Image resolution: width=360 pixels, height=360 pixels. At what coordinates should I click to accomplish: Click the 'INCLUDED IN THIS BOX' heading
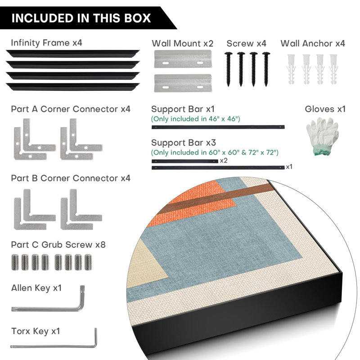click(81, 18)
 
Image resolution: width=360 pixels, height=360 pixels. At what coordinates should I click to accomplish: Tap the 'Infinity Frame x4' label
click(46, 43)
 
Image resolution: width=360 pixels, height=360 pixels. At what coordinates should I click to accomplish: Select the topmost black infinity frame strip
click(72, 54)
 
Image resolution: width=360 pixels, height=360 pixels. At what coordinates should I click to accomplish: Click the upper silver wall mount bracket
click(183, 59)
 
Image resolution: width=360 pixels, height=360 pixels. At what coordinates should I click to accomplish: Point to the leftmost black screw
click(228, 69)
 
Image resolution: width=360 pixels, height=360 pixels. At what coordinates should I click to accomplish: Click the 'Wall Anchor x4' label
click(313, 43)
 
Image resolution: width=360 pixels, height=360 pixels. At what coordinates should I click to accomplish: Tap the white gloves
click(322, 136)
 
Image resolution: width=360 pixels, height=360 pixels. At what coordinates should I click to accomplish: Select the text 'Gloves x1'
click(325, 109)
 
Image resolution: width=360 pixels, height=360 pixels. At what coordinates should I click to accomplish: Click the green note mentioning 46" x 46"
click(195, 119)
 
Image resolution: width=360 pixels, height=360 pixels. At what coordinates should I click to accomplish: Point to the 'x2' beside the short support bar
click(224, 161)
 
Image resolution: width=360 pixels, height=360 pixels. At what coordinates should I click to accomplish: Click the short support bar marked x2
click(185, 162)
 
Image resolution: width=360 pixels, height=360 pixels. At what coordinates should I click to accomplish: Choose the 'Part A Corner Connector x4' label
click(71, 109)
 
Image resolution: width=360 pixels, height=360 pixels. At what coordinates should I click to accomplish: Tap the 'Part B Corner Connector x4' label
click(71, 178)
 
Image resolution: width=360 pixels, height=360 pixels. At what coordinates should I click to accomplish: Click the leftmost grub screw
click(15, 262)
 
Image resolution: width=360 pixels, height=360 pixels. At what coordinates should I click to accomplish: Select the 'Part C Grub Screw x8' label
click(58, 245)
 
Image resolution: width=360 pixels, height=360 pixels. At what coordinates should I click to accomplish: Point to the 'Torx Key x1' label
click(36, 331)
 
